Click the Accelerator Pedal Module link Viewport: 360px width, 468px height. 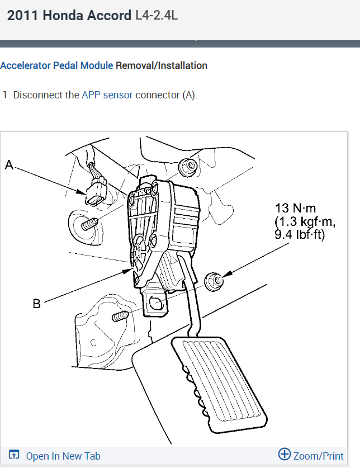pyautogui.click(x=56, y=65)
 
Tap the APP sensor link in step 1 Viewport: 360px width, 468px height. pyautogui.click(x=107, y=95)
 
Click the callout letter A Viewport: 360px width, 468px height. pyautogui.click(x=8, y=164)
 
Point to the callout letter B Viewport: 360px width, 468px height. pyautogui.click(x=36, y=304)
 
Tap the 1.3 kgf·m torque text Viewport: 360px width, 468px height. pyautogui.click(x=305, y=222)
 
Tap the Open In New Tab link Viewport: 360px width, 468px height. pyautogui.click(x=63, y=456)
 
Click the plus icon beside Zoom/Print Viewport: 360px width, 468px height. pyautogui.click(x=284, y=455)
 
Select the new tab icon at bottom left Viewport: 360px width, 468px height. pyautogui.click(x=15, y=456)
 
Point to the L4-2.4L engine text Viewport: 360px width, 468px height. pyautogui.click(x=157, y=16)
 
